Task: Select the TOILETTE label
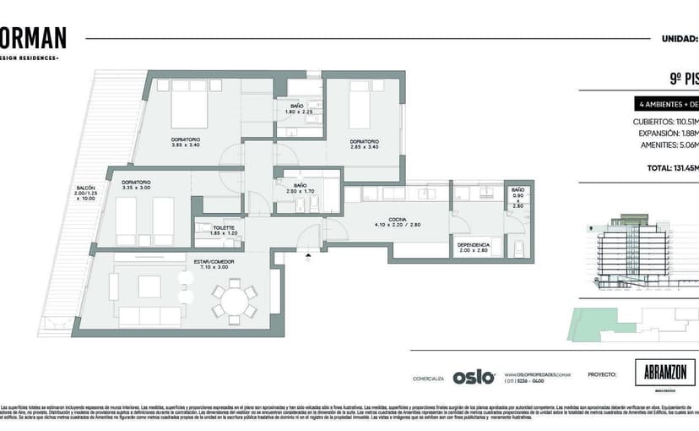[x=224, y=227]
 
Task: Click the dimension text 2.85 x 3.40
[x=365, y=146]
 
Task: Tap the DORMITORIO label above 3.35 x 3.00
[x=136, y=182]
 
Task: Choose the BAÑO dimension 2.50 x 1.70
[x=299, y=191]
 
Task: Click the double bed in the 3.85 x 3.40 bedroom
[x=188, y=110]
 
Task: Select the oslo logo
[x=473, y=378]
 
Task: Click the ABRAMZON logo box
[x=664, y=373]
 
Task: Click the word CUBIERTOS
[x=652, y=121]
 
